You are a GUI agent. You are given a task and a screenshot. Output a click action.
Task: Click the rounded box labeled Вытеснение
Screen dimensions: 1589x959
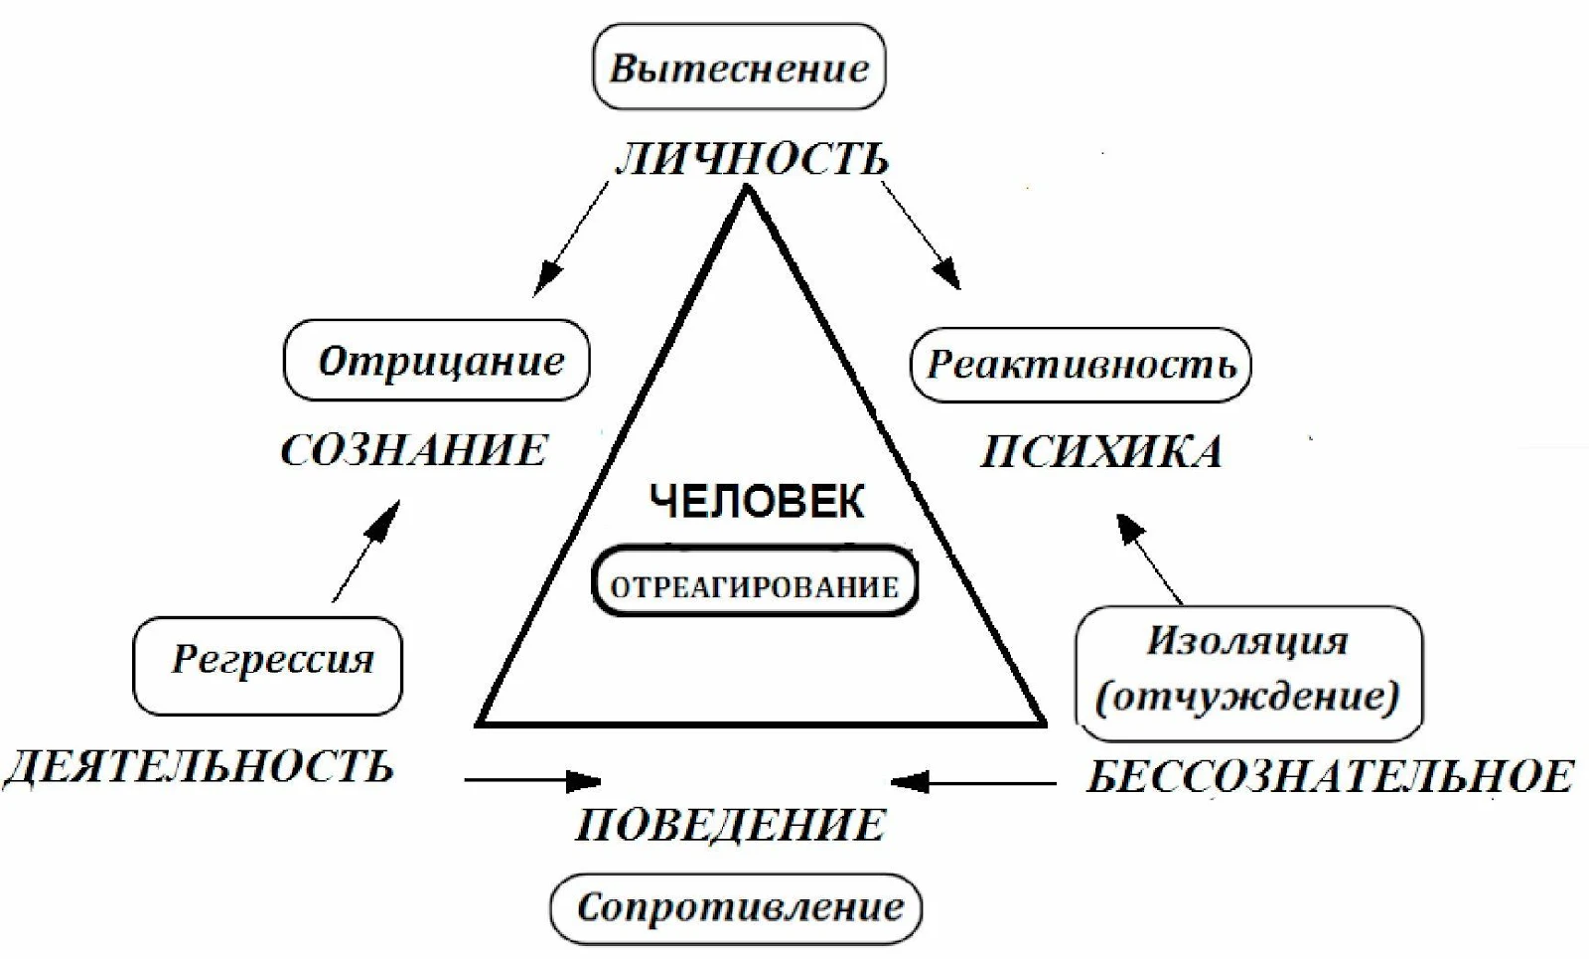tap(739, 67)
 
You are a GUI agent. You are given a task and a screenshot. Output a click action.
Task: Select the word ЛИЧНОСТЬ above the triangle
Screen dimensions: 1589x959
tap(752, 159)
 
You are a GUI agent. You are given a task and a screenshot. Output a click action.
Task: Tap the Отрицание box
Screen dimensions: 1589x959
tap(436, 360)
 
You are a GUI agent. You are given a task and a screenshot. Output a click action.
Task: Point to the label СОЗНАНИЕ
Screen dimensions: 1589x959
tap(415, 450)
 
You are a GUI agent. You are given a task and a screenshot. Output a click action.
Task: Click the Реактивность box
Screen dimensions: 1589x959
tap(1081, 365)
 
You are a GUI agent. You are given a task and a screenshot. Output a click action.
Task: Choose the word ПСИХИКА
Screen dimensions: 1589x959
tap(1101, 451)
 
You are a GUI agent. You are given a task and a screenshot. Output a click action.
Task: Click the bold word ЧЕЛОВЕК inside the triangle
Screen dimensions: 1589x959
tap(757, 502)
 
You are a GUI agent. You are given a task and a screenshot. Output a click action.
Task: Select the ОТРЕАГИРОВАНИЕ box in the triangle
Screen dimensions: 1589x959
tap(755, 580)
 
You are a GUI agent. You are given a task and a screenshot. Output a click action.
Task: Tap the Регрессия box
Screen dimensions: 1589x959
tap(268, 666)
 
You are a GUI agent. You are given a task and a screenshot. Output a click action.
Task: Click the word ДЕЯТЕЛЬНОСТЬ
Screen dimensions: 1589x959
tap(199, 767)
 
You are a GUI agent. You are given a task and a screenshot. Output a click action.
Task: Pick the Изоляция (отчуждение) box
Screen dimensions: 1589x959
tap(1248, 674)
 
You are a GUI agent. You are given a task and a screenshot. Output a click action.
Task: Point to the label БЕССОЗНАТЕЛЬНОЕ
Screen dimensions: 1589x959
tap(1331, 776)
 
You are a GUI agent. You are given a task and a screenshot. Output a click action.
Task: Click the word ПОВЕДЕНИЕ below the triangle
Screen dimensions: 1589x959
tap(731, 825)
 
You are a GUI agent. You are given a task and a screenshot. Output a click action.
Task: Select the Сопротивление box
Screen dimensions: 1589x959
tap(736, 908)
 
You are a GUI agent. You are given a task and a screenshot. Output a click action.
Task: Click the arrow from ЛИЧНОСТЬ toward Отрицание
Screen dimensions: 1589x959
tap(571, 239)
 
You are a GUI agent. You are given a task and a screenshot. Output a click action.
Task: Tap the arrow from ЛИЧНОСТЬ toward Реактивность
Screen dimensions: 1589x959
tap(922, 235)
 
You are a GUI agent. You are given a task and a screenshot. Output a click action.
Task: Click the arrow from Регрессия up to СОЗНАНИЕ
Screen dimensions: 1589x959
tap(366, 552)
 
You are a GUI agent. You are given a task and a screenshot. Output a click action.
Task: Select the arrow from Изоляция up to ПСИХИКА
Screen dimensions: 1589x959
tap(1149, 559)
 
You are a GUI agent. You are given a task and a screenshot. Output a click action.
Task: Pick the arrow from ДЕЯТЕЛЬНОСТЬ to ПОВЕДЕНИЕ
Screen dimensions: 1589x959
tap(533, 781)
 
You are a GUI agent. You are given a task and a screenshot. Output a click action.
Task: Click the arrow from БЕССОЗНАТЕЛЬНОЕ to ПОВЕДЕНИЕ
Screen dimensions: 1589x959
tap(973, 782)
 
